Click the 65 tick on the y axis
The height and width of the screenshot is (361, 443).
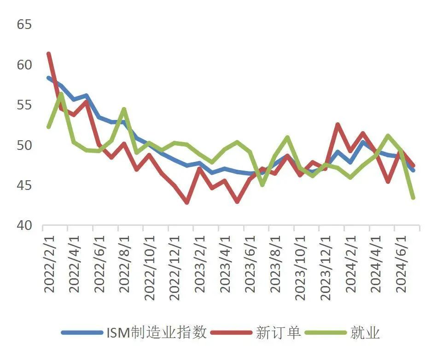coord(24,24)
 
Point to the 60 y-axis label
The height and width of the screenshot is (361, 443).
coord(24,65)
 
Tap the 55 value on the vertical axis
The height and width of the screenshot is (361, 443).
coord(24,105)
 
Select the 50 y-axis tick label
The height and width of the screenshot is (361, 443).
coord(24,145)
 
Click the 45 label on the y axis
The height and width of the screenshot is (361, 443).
coord(24,185)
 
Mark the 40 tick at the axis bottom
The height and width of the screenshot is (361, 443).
coord(24,225)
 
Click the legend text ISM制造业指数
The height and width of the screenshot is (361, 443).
coord(157,332)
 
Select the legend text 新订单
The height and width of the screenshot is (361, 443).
coord(278,332)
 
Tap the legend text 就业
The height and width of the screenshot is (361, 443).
coord(365,332)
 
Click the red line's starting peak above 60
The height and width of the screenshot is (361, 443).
coord(49,54)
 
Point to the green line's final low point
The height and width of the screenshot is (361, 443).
coord(413,198)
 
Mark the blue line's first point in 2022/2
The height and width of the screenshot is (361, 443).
coord(49,78)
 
